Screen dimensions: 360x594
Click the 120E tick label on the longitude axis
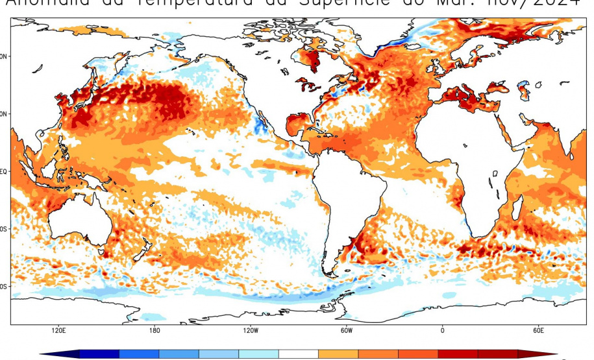[x=58, y=330]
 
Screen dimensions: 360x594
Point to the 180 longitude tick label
[x=155, y=330]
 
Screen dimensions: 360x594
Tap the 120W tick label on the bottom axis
[x=250, y=330]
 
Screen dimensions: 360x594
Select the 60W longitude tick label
[x=346, y=330]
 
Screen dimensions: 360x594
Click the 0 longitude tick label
[x=442, y=330]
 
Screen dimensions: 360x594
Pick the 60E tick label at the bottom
[x=538, y=330]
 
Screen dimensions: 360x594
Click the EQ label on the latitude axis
[x=5, y=171]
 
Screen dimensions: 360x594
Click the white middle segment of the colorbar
[x=299, y=354]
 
